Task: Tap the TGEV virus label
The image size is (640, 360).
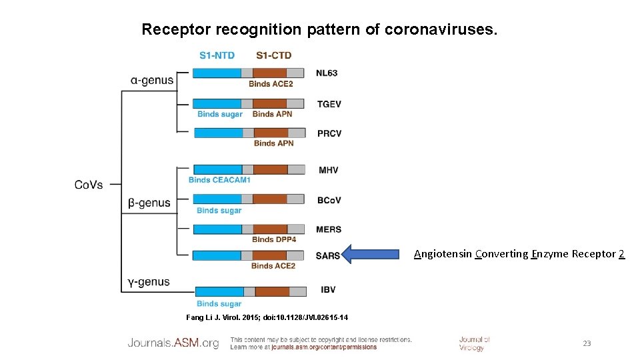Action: tap(329, 104)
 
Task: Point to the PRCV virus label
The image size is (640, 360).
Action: tap(329, 133)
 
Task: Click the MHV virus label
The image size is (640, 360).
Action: tap(329, 170)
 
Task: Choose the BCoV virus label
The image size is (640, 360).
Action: tap(329, 199)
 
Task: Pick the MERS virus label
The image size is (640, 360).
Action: tap(329, 229)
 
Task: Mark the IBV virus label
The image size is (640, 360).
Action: tap(328, 290)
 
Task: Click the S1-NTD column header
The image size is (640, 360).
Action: tap(217, 55)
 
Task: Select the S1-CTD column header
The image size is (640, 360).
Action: tap(273, 55)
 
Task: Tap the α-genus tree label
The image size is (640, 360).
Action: tap(152, 81)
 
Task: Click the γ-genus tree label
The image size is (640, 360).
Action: tap(149, 282)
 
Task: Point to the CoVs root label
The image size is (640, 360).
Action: tap(89, 184)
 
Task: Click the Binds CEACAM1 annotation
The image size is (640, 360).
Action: tap(219, 180)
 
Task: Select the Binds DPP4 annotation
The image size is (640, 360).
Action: tap(274, 239)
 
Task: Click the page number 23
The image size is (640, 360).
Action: tap(587, 343)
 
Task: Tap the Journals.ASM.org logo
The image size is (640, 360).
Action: tap(173, 343)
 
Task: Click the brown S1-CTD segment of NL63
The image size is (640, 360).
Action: tap(270, 73)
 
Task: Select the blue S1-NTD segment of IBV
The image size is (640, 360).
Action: tap(220, 291)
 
